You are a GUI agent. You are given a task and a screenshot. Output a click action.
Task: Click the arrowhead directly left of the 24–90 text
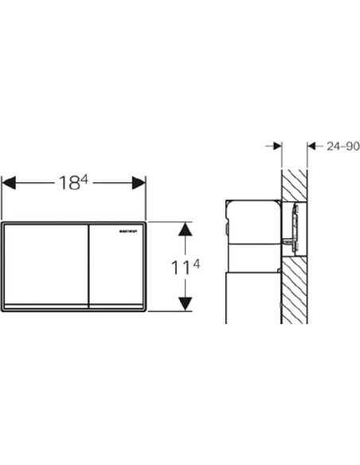point(312,146)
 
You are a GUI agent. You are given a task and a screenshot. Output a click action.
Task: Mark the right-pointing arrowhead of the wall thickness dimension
point(276,146)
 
